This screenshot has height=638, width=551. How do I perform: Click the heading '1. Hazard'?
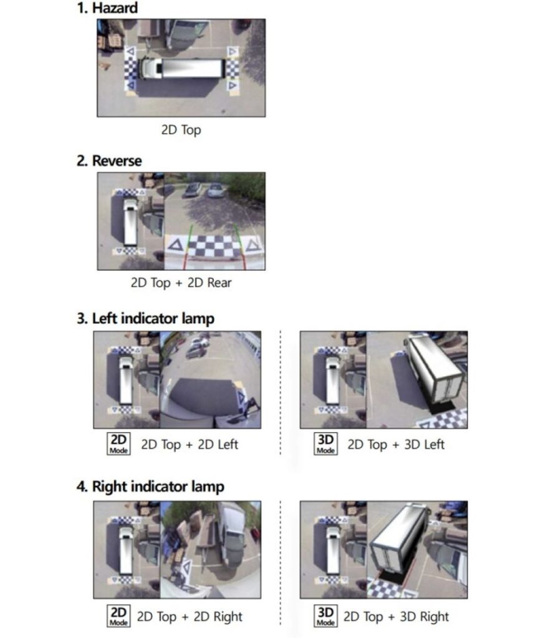107,7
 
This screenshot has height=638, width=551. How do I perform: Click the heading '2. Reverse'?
109,161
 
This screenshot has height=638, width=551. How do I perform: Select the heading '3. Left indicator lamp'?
145,318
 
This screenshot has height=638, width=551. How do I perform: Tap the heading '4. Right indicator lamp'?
150,486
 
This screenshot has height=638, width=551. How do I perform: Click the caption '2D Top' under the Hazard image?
181,130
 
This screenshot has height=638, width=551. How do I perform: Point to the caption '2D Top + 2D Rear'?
181,282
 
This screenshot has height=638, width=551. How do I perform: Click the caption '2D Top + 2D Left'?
189,444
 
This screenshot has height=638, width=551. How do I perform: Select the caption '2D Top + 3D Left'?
396,444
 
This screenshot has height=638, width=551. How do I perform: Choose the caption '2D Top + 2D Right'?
189,616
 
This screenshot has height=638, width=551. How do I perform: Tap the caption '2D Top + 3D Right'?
396,616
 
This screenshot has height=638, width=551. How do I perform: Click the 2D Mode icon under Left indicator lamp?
118,444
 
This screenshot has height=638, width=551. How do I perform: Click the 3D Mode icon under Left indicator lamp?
325,444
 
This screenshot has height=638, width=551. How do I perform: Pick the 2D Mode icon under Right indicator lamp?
118,616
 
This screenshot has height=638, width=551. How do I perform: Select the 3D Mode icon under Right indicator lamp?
325,616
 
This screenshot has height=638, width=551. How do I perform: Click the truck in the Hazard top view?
181,69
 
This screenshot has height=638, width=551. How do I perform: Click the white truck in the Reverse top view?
130,222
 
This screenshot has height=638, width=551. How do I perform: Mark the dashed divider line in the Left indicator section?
280,393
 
